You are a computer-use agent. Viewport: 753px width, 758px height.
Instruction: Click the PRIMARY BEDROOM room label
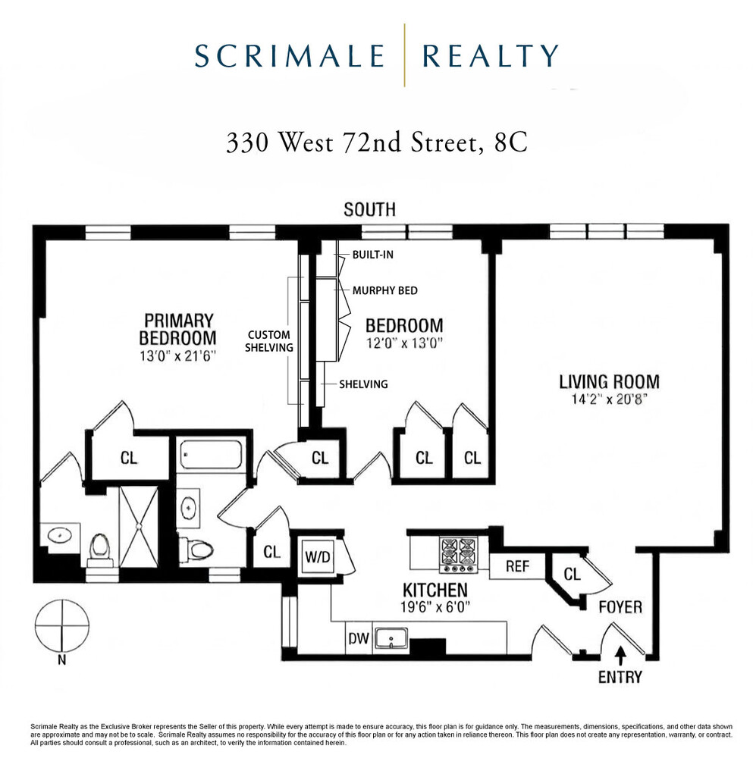(179, 329)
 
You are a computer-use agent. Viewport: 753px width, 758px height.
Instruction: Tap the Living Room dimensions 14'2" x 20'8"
(609, 399)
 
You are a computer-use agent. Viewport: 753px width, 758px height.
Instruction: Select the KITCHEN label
(435, 590)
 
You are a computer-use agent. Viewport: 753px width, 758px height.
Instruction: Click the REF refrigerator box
(517, 566)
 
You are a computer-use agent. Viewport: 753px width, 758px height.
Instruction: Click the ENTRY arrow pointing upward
(621, 651)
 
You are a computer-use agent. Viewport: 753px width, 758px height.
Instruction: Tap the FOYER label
(620, 607)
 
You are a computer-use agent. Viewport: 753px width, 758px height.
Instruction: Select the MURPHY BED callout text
(384, 290)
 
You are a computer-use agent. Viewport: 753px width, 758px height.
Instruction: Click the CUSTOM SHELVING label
(270, 340)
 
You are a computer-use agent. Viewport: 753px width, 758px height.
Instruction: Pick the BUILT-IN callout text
(373, 255)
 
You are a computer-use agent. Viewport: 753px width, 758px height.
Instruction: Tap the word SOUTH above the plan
(369, 210)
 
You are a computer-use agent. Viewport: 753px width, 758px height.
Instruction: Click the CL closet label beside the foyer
(572, 575)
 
